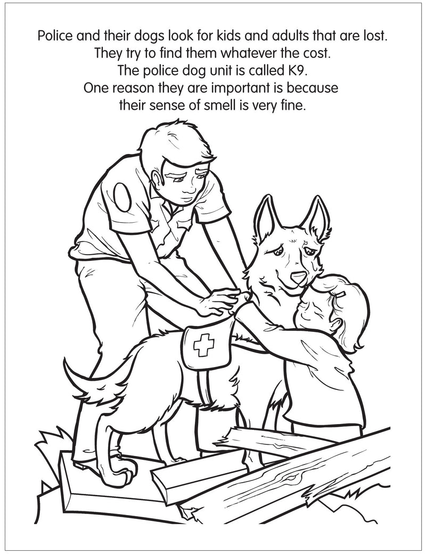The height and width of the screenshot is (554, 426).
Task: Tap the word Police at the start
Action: coord(55,36)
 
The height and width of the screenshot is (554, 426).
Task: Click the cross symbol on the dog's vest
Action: coord(203,345)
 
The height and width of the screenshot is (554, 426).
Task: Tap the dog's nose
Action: coord(298,277)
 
